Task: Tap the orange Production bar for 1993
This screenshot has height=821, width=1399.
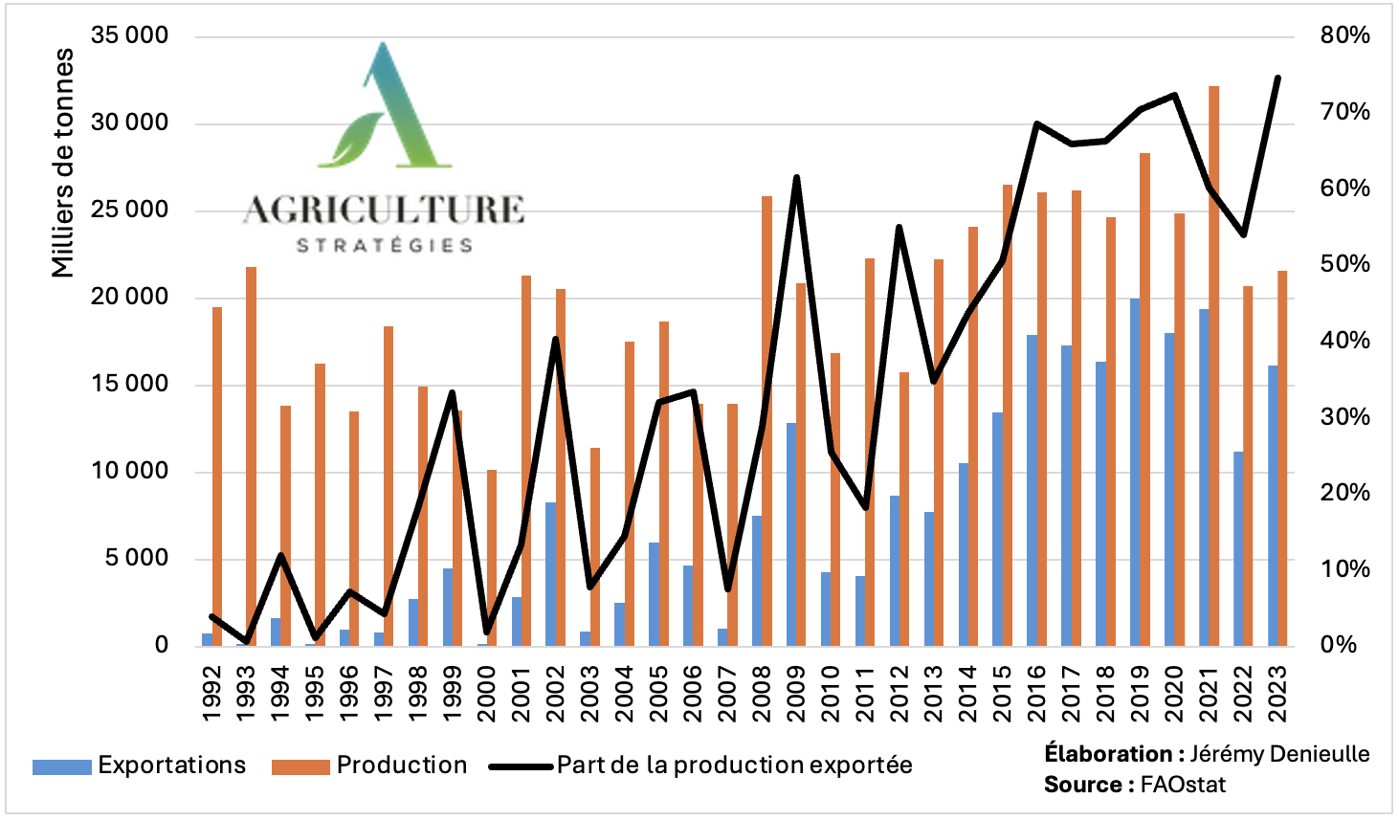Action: pos(251,455)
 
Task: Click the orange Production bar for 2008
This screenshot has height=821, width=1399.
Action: pos(766,421)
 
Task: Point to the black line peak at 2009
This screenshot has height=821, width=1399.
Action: pos(796,178)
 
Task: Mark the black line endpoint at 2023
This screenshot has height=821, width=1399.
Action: pos(1277,78)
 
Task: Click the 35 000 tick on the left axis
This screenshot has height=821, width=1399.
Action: pos(129,36)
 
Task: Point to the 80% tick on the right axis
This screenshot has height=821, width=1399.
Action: pos(1344,36)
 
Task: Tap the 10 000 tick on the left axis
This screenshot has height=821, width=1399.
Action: pos(129,472)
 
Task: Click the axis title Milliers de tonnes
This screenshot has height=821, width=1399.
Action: pos(63,163)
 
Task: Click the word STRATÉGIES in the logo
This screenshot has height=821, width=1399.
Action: pos(385,246)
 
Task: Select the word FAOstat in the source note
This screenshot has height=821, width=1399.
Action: pos(1183,786)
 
